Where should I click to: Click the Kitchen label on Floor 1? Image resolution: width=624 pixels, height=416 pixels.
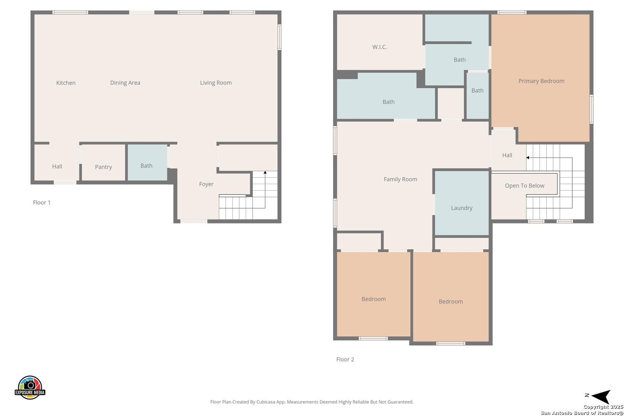click(x=66, y=83)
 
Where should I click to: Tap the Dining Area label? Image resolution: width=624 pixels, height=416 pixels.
click(x=125, y=83)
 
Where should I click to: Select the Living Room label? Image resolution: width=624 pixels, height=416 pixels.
click(x=216, y=83)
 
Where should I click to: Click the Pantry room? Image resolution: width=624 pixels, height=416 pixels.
click(x=103, y=163)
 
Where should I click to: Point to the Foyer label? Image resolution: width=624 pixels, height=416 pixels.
click(x=206, y=184)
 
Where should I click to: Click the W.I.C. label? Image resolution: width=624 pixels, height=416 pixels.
click(x=379, y=47)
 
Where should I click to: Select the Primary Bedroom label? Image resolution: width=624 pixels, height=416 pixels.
click(x=541, y=81)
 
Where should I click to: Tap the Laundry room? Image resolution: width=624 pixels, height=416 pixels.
click(x=461, y=203)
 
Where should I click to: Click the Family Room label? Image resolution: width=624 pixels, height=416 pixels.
click(x=400, y=179)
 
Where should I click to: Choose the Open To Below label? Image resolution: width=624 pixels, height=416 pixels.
click(x=525, y=186)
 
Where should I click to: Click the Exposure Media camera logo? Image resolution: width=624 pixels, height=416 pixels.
click(x=30, y=387)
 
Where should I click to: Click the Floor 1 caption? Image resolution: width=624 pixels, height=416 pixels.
click(x=42, y=203)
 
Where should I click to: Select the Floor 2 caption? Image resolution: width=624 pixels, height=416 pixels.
click(x=345, y=359)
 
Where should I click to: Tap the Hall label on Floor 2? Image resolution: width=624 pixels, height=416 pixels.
click(x=507, y=155)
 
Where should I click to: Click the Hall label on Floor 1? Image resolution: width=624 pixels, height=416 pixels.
click(x=57, y=167)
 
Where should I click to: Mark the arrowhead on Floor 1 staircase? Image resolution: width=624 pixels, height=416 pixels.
click(x=265, y=173)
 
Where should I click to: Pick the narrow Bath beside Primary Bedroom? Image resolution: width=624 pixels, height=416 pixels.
click(x=478, y=96)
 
